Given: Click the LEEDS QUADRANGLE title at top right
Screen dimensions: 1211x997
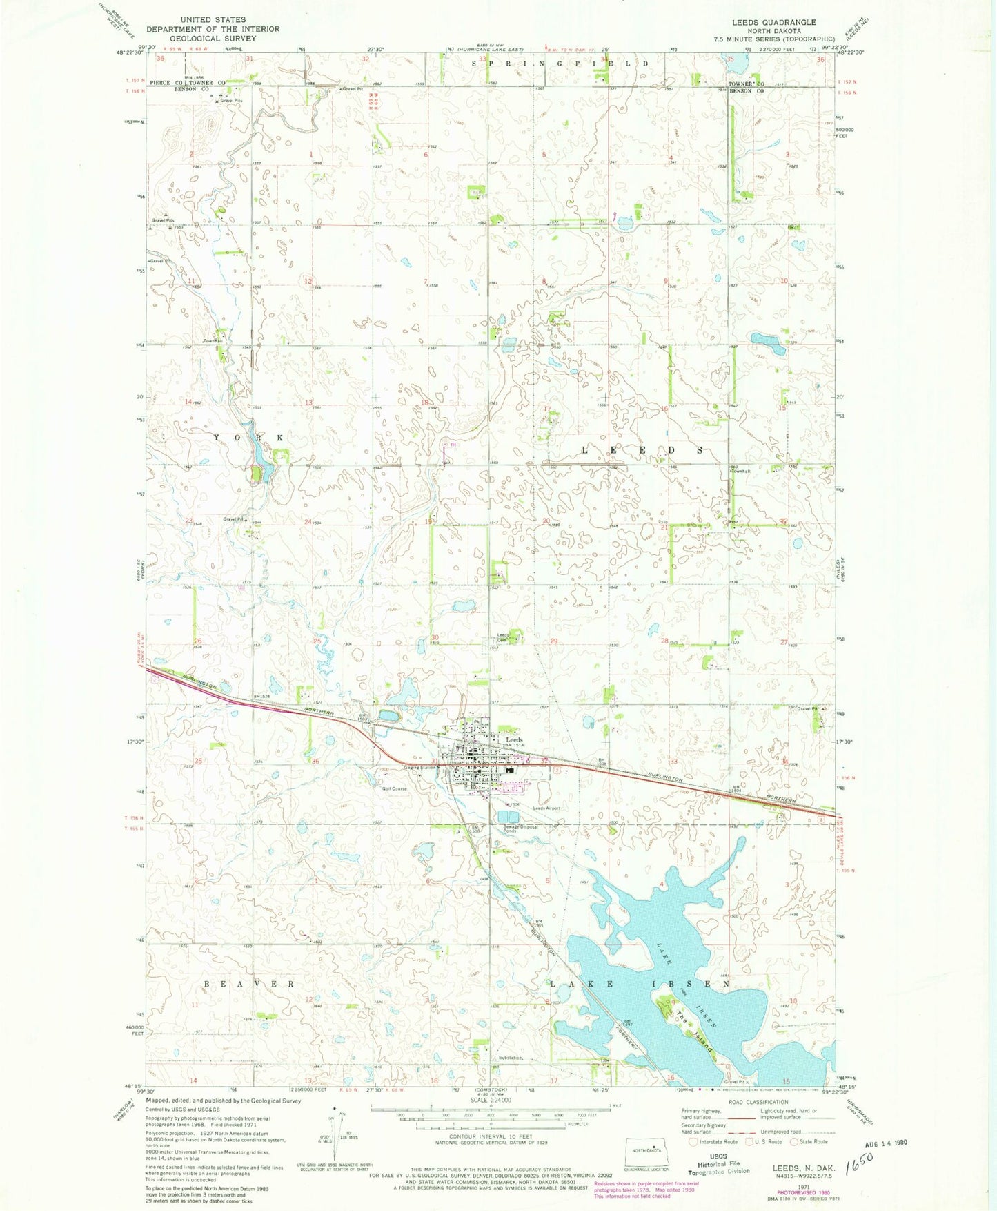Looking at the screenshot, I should [773, 23].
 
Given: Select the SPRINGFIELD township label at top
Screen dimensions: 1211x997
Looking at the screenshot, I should [560, 63].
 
